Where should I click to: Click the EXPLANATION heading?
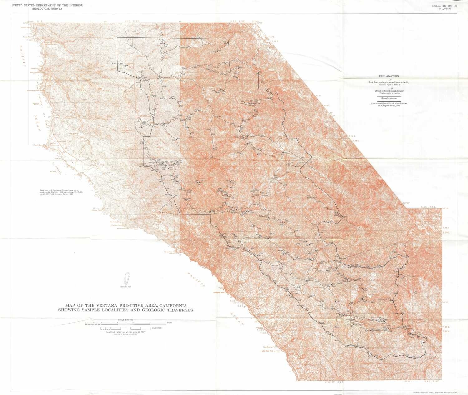(389, 76)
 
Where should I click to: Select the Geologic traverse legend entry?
(389, 98)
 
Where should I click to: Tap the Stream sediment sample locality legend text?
(389, 91)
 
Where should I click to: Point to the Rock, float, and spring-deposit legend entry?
(389, 82)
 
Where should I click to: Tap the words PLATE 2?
(445, 9)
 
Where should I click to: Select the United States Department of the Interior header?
(47, 5)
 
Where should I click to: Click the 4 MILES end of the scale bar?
(168, 323)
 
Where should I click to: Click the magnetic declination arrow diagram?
(126, 279)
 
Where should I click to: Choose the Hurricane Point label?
(34, 90)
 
